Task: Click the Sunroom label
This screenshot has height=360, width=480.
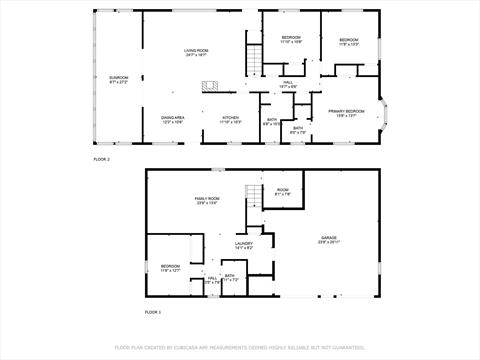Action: coord(118,79)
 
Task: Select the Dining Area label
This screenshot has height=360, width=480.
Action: coord(172,119)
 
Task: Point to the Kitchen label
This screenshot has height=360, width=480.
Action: coord(230,119)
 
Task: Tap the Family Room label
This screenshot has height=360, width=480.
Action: coord(207,200)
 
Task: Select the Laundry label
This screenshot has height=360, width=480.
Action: coord(243,243)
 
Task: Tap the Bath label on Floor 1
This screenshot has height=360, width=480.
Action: coord(230,277)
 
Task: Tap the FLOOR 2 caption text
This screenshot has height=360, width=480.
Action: coord(101,159)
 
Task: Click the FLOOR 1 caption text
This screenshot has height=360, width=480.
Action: coord(152,313)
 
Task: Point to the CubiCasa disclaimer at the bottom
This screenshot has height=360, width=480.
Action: coord(240,347)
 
